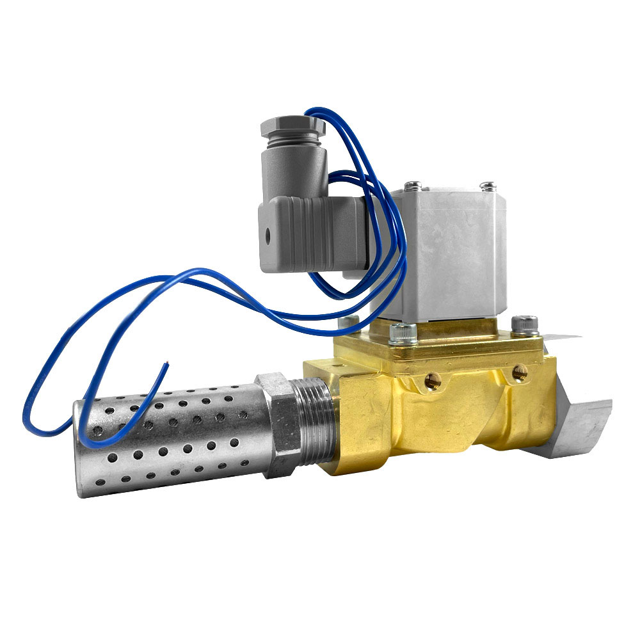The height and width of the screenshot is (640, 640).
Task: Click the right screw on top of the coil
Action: (488, 186)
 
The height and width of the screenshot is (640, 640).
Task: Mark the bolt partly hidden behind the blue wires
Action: (349, 321)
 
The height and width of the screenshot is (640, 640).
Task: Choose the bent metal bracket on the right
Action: (576, 416)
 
